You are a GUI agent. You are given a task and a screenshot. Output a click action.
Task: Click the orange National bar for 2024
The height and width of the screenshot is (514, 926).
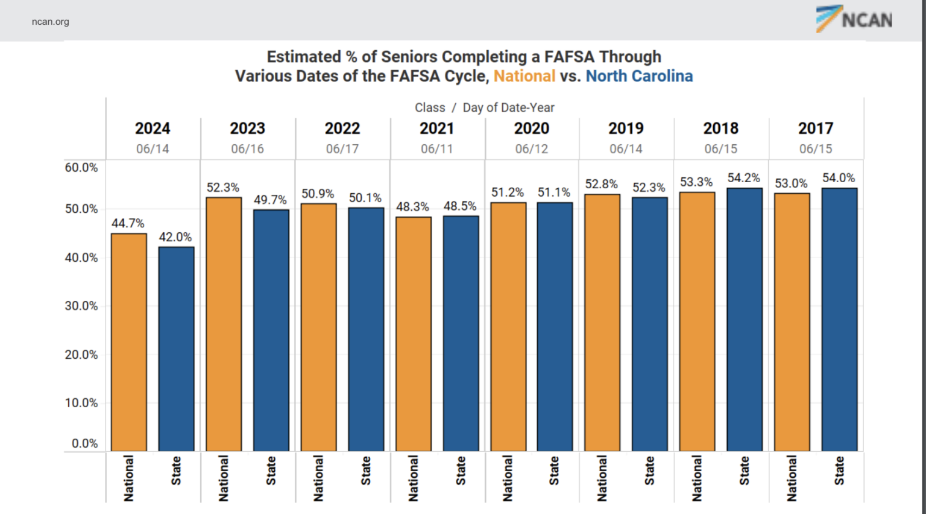[x=129, y=342]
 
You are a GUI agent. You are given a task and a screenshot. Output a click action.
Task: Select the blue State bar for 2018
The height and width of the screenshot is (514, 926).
[x=745, y=320]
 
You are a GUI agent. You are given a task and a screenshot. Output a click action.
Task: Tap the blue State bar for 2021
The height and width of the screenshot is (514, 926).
[x=461, y=333]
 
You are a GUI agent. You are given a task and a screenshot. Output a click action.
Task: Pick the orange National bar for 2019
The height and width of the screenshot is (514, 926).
[x=602, y=323]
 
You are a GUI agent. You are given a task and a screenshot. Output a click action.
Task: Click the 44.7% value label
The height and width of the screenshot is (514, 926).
[x=128, y=223]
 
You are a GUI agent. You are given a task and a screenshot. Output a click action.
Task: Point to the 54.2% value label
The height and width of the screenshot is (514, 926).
[x=744, y=178]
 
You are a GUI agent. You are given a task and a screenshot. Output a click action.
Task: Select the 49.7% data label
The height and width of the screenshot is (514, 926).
[x=270, y=200]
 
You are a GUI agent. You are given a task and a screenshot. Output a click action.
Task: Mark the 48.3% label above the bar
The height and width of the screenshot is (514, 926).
[x=413, y=207]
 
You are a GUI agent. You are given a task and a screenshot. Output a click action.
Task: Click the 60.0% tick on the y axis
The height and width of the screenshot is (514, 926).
[x=81, y=168]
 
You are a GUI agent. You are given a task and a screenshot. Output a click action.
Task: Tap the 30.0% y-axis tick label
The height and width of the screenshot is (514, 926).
[x=81, y=306]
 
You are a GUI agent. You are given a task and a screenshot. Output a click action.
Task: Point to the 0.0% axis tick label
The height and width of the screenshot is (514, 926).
[x=84, y=443]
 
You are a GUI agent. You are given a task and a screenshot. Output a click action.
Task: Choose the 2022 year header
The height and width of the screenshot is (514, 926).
[x=342, y=128]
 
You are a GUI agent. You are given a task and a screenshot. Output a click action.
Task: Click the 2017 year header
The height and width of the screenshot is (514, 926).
[x=816, y=128]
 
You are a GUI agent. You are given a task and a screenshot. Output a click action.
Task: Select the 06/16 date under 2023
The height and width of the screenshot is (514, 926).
[x=247, y=149]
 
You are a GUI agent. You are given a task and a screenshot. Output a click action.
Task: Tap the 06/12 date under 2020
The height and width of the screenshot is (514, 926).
[x=532, y=149]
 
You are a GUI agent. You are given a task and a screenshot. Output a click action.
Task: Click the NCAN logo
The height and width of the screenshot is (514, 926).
[x=854, y=19]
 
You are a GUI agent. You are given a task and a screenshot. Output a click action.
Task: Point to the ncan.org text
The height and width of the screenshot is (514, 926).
[x=51, y=22]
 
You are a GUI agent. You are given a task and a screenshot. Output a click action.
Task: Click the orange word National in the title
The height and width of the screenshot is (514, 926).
[x=524, y=76]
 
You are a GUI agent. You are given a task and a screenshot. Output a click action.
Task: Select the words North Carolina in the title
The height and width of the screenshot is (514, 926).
[x=639, y=76]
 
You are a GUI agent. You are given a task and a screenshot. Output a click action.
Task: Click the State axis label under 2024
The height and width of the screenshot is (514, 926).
[x=176, y=471]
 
